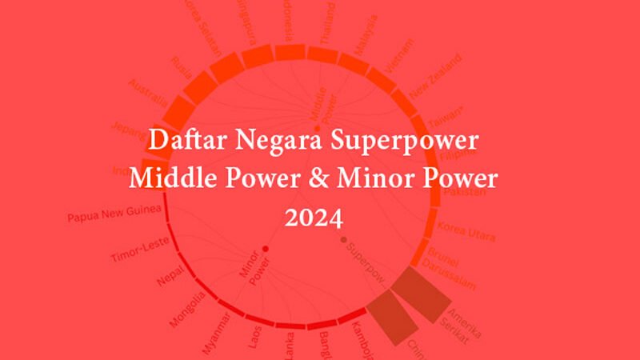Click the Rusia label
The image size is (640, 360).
[x=181, y=68]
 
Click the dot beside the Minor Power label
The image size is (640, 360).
[x=265, y=250]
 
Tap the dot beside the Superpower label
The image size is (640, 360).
[x=344, y=239]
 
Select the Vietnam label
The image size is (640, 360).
[x=398, y=58]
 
